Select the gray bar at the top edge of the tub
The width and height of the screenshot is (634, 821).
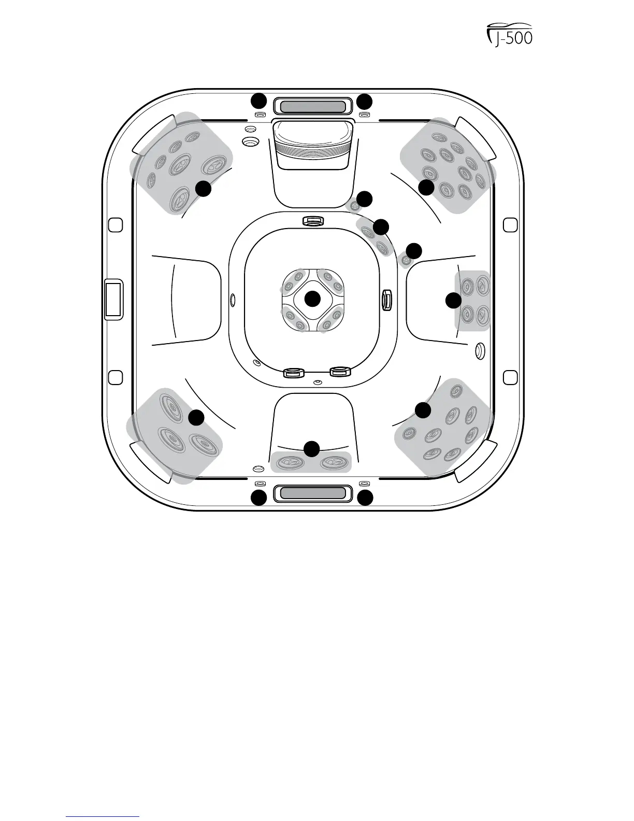click(x=312, y=107)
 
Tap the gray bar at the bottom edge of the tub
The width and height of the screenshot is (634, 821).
click(x=312, y=492)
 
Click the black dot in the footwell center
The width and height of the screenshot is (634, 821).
click(x=312, y=299)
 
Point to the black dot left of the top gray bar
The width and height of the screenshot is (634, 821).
click(x=258, y=101)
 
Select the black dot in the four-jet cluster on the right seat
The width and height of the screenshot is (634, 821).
click(x=454, y=301)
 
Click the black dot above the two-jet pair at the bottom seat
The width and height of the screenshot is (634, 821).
click(x=311, y=449)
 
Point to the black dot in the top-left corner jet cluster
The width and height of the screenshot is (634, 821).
click(x=203, y=189)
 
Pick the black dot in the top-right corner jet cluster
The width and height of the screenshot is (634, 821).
click(x=426, y=187)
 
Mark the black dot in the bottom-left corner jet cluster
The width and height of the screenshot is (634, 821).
click(x=196, y=417)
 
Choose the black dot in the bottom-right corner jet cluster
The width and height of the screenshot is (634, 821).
click(x=423, y=410)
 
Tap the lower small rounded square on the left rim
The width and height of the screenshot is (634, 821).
click(x=116, y=377)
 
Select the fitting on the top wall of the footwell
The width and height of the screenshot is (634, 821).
click(x=313, y=221)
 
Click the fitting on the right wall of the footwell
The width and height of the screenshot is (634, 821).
click(x=386, y=300)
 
